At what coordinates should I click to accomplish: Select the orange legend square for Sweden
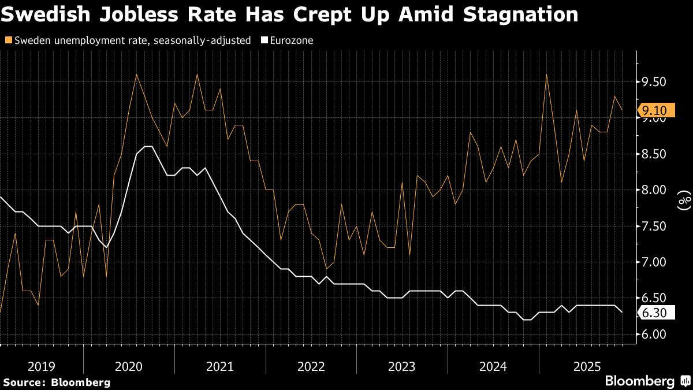pos(7,40)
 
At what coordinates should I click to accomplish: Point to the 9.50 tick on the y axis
pos(654,82)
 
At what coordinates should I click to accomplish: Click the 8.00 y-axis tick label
pos(654,190)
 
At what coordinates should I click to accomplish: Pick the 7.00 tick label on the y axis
pos(654,262)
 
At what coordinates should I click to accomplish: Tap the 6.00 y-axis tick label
pos(654,335)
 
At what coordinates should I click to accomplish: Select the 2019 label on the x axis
pos(42,366)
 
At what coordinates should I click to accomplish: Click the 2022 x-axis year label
pos(311,366)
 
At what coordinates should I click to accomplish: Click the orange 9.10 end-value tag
pos(653,110)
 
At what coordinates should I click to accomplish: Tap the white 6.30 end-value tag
pos(653,313)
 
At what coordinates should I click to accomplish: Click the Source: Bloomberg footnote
pos(56,382)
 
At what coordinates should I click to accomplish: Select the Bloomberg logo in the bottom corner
pos(641,381)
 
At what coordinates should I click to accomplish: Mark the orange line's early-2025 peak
pos(546,75)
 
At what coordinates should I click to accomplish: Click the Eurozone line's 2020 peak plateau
pos(147,147)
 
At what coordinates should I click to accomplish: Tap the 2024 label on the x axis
pos(493,366)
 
